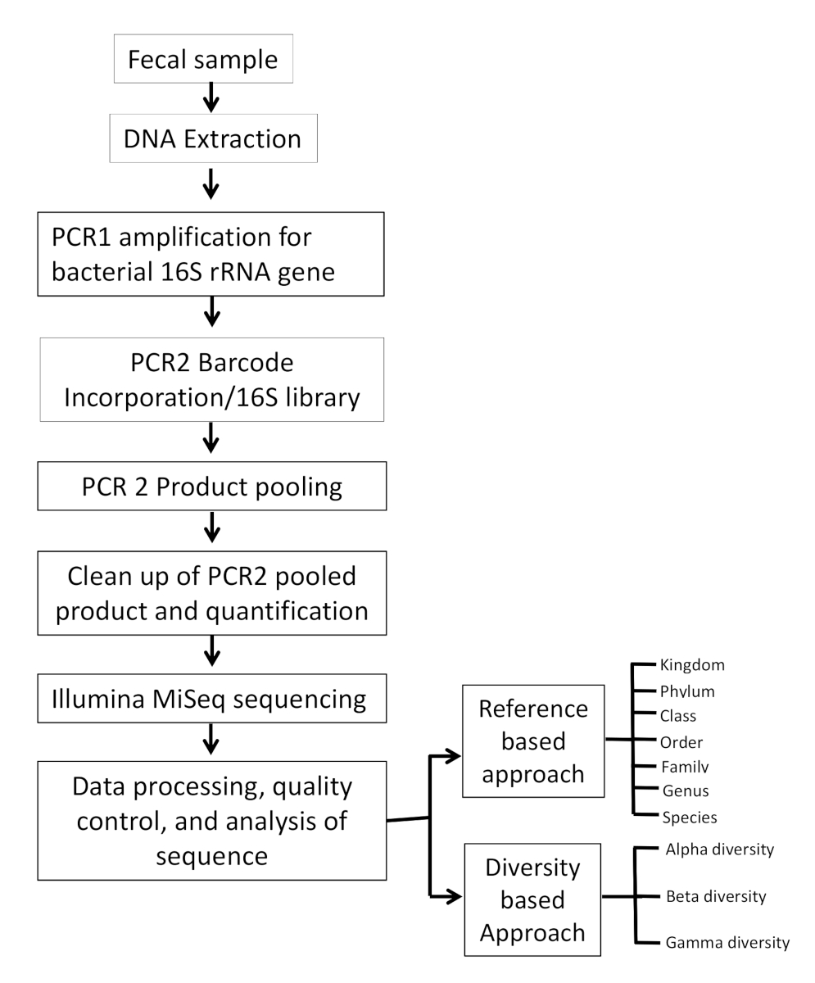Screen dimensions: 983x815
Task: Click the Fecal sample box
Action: point(203,59)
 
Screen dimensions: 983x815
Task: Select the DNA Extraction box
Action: point(213,138)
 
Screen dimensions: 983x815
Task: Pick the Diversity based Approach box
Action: point(533,899)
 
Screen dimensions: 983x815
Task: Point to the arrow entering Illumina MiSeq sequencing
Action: point(211,652)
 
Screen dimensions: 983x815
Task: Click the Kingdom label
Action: point(692,664)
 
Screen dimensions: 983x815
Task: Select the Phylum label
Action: point(687,691)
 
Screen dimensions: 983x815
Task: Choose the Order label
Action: point(681,742)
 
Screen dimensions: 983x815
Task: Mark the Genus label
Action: point(685,790)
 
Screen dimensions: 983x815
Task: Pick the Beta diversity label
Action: point(716,896)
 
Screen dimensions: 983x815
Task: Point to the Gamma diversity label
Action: point(727,943)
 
